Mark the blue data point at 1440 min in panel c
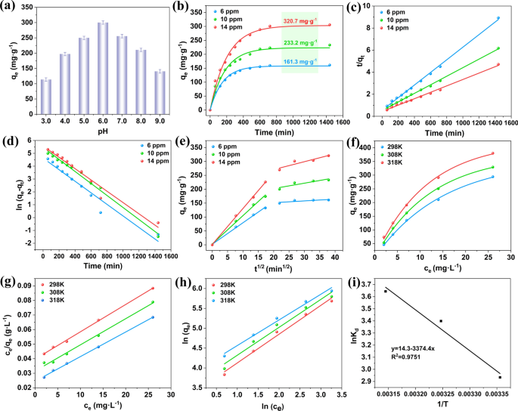pyautogui.click(x=498, y=17)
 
